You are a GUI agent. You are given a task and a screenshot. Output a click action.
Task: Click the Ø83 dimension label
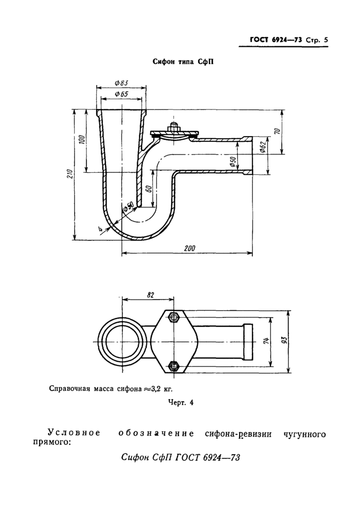[x=121, y=83]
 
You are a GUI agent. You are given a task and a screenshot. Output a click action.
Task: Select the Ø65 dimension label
[x=121, y=94]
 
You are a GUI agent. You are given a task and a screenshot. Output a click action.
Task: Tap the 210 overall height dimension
[x=70, y=174]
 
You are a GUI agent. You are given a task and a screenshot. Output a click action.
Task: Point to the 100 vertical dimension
[x=82, y=140]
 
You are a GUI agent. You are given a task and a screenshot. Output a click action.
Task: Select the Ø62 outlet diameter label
[x=263, y=148]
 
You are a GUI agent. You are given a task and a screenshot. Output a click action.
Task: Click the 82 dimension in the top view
[x=151, y=294]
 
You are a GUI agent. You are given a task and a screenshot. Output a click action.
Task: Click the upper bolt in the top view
[x=173, y=316]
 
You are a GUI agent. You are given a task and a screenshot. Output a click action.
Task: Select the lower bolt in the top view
[x=173, y=366]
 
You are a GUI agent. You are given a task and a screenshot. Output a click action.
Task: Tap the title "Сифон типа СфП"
[x=183, y=62]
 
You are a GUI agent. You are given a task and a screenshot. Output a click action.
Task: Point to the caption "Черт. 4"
[x=181, y=403]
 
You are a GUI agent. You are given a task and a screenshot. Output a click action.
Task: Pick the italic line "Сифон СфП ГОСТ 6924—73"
[x=181, y=458]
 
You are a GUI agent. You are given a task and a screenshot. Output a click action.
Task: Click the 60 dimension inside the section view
[x=149, y=189]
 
